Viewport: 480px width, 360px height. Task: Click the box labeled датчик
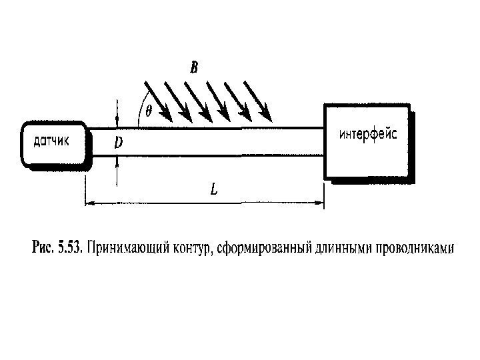[53, 141]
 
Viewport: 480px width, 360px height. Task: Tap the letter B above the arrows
[193, 67]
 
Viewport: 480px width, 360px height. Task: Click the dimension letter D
[118, 143]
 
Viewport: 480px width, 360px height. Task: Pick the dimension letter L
[213, 189]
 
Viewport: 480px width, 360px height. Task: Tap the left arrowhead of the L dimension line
[91, 203]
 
